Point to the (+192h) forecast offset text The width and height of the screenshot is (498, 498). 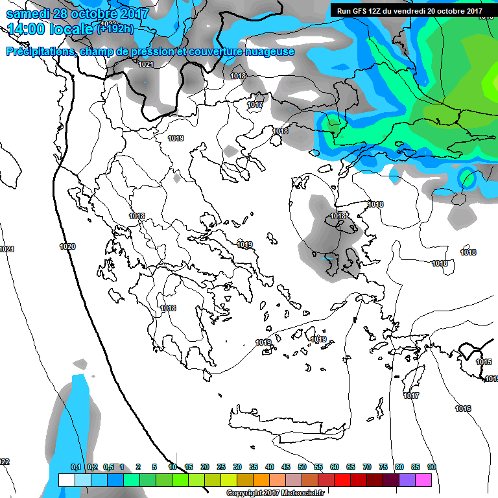coord(117,29)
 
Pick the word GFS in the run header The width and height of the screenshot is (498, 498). coord(361,10)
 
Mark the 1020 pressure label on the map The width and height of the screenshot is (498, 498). coord(67,246)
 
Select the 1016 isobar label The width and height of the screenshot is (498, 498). coord(463,409)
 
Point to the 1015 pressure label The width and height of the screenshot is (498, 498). coord(484,362)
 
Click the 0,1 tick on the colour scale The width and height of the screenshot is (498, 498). coord(75,467)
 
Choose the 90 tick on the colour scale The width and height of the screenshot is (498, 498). coord(431,467)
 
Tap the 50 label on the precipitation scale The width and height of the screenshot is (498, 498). coord(302,467)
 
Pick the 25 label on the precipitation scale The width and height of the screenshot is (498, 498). coord(221,467)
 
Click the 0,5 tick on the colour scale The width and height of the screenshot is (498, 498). coord(108,467)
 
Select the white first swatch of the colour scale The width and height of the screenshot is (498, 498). coord(66,480)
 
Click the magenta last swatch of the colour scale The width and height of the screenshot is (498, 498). coord(423,480)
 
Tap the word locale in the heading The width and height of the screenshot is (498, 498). coord(71,29)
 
